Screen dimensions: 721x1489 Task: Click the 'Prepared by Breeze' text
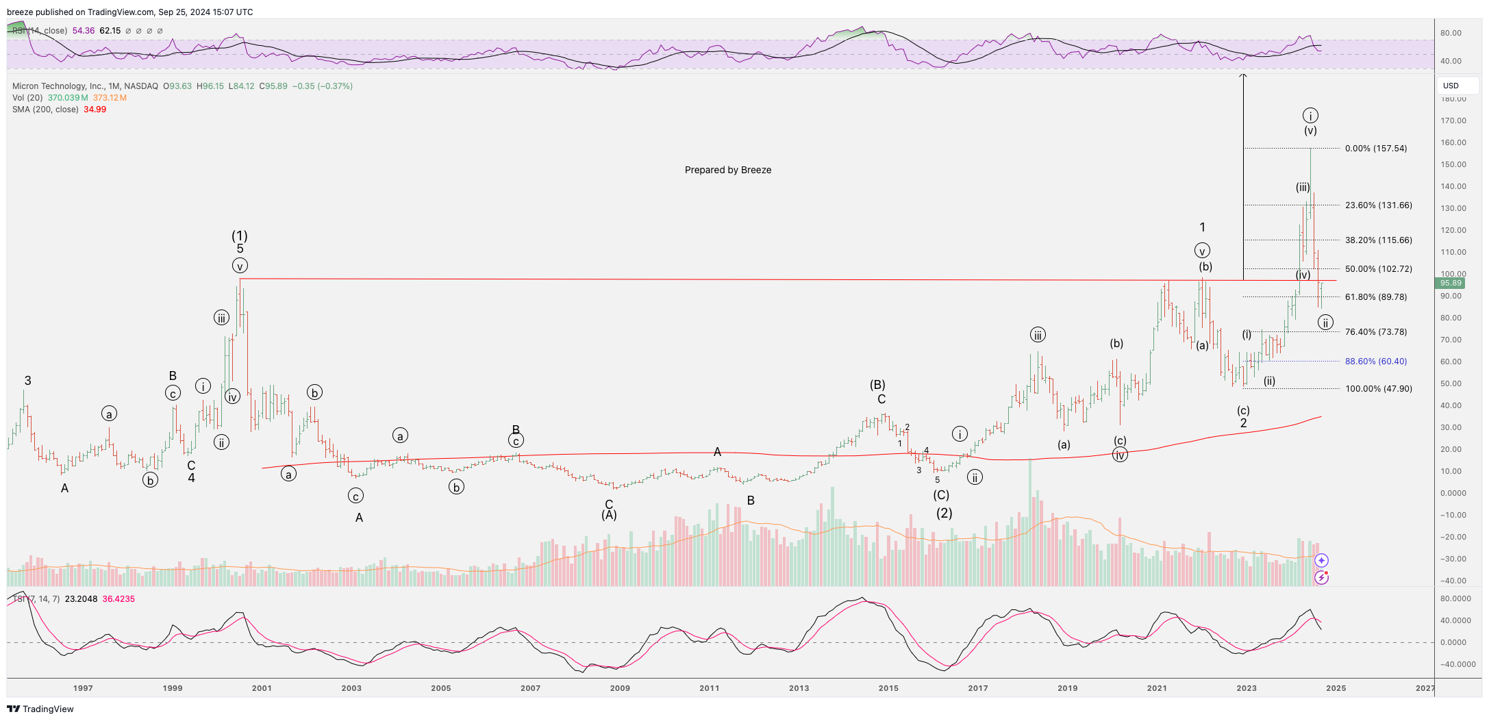point(727,170)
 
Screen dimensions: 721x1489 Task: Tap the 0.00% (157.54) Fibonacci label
point(1375,149)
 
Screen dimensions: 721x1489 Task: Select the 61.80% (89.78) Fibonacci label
point(1375,297)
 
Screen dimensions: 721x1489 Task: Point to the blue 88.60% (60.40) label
point(1375,362)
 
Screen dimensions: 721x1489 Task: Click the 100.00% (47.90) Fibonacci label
point(1378,389)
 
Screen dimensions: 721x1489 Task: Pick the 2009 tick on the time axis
point(620,688)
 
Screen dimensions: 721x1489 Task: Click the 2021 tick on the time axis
point(1157,688)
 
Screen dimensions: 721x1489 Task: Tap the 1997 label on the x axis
point(83,688)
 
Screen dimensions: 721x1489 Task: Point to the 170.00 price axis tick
point(1453,121)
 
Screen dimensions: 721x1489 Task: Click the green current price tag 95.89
point(1451,283)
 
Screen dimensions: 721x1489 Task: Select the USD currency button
point(1451,86)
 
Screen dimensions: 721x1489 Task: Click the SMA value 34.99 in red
point(95,110)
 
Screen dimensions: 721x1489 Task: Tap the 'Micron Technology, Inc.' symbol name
point(58,86)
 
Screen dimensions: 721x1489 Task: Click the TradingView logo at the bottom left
point(40,709)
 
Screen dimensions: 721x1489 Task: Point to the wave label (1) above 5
point(239,236)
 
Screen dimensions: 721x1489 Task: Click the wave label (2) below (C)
point(944,513)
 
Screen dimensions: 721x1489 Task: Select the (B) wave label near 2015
point(877,385)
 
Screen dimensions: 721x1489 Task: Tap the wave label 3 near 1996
point(27,381)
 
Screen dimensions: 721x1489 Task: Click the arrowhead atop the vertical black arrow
point(1243,75)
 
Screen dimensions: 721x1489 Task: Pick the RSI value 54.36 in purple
point(83,31)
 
